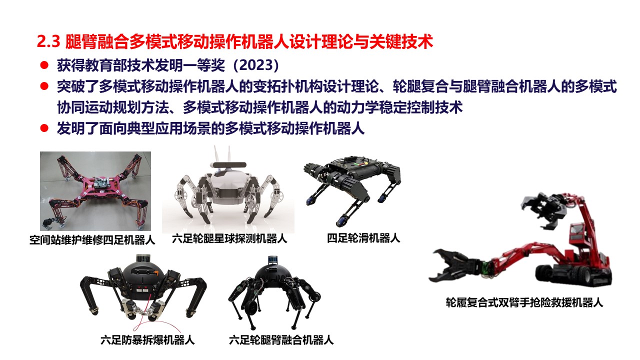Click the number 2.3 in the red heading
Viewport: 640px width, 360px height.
pyautogui.click(x=48, y=41)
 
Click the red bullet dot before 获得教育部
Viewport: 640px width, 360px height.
pyautogui.click(x=44, y=65)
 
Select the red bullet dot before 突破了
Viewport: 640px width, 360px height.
pyautogui.click(x=44, y=86)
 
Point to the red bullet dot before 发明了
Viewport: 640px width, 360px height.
pyautogui.click(x=44, y=128)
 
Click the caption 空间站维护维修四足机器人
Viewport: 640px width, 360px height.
pyautogui.click(x=92, y=240)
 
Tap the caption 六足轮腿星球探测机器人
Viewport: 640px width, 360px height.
pyautogui.click(x=229, y=238)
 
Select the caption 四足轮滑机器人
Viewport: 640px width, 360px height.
pyautogui.click(x=363, y=238)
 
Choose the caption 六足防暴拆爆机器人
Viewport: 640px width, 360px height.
pyautogui.click(x=147, y=340)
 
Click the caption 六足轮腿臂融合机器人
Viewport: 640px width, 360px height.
pyautogui.click(x=281, y=340)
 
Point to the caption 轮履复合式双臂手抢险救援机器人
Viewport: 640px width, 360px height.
pyautogui.click(x=524, y=302)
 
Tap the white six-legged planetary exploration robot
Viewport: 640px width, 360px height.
pyautogui.click(x=228, y=190)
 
